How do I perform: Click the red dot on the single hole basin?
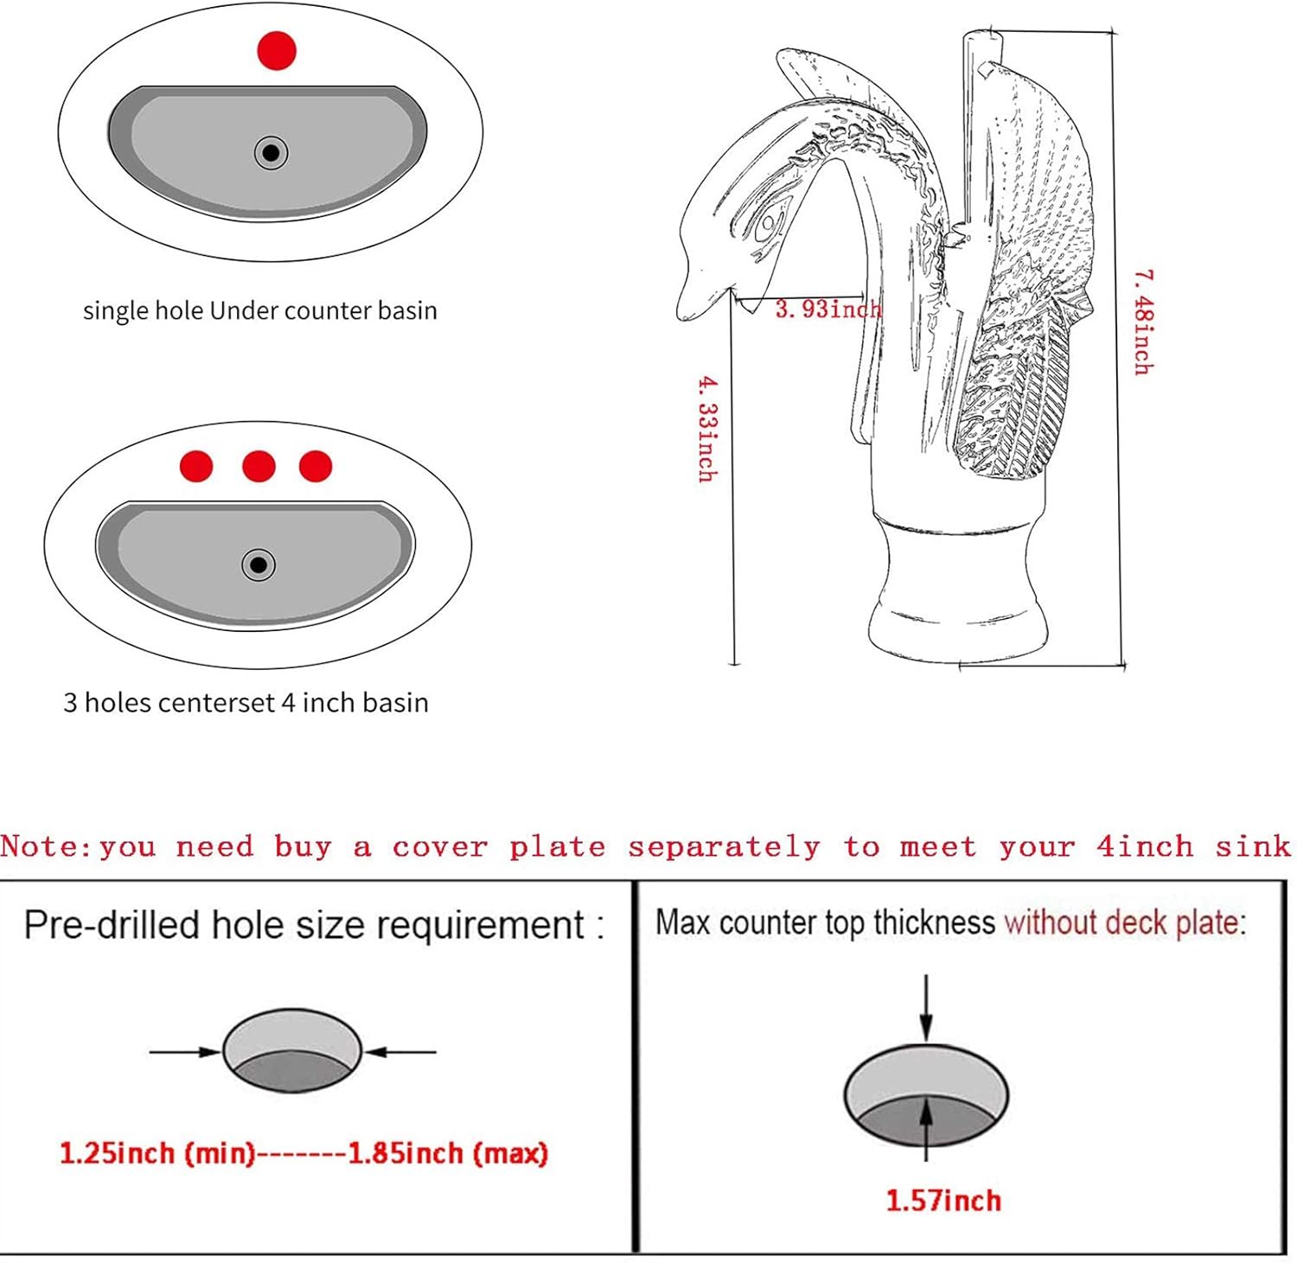(x=277, y=50)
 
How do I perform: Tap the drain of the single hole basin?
(x=271, y=153)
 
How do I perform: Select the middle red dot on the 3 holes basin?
(x=259, y=466)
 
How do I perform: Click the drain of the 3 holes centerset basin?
(x=258, y=565)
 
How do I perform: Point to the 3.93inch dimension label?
(x=828, y=309)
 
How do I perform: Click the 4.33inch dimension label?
(x=707, y=428)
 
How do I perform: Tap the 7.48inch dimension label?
(x=1143, y=322)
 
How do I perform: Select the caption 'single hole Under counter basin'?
(x=260, y=310)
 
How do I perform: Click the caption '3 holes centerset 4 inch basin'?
(x=246, y=702)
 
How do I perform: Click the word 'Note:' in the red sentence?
(x=45, y=845)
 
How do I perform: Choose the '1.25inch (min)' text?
(x=157, y=1153)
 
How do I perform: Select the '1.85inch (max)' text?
(x=448, y=1153)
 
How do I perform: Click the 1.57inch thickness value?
(x=943, y=1200)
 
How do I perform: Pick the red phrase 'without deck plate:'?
(x=1125, y=922)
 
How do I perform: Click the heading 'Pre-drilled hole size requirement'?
(x=304, y=925)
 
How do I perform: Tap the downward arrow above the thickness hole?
(x=926, y=1008)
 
